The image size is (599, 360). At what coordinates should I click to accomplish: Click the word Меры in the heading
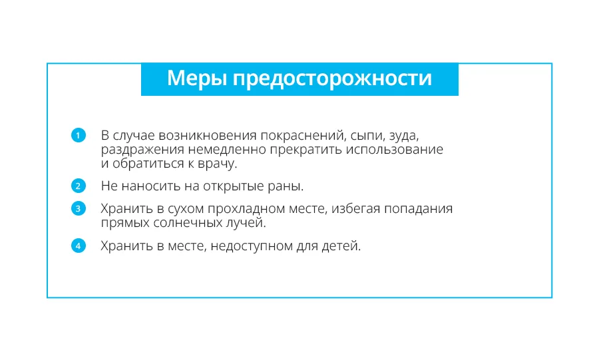[x=197, y=79]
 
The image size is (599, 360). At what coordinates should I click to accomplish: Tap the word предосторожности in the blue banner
[x=332, y=79]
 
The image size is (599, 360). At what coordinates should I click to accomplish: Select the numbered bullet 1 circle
[x=79, y=135]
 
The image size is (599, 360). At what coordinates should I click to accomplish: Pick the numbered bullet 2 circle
[x=79, y=186]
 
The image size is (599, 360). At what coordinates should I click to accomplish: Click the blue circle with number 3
[x=79, y=208]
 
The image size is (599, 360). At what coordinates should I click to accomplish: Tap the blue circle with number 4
[x=79, y=246]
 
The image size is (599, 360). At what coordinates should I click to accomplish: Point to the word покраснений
[x=303, y=136]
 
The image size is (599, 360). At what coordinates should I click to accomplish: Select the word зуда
[x=404, y=136]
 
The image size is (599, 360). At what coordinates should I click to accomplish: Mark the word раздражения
[x=142, y=150]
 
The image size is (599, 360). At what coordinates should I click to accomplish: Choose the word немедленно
[x=227, y=150]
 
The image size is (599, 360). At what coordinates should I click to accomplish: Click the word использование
[x=395, y=150]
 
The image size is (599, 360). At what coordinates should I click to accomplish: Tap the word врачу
[x=218, y=164]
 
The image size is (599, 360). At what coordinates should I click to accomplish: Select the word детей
[x=341, y=246]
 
